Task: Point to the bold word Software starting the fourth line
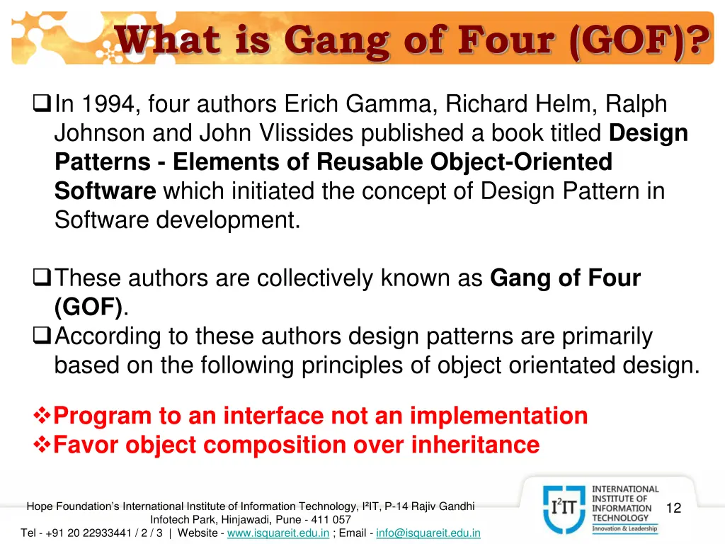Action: click(105, 191)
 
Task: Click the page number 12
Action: click(673, 508)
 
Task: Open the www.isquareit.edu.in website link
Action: click(278, 533)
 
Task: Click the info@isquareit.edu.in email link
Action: click(428, 533)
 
